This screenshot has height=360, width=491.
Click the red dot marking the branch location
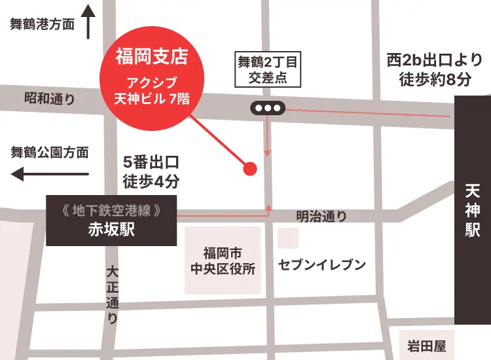pyautogui.click(x=249, y=169)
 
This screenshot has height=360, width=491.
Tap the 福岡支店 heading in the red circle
pyautogui.click(x=151, y=57)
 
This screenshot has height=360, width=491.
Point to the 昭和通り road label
pyautogui.click(x=49, y=99)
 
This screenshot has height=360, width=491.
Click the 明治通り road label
pyautogui.click(x=321, y=216)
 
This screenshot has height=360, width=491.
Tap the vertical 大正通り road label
pyautogui.click(x=113, y=295)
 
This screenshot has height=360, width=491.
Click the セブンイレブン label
pyautogui.click(x=321, y=264)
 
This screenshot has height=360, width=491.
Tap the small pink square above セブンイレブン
pyautogui.click(x=288, y=238)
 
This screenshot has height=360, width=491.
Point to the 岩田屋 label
pyautogui.click(x=426, y=346)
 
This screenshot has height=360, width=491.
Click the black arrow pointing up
pyautogui.click(x=89, y=21)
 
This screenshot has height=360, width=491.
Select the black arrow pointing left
pyautogui.click(x=50, y=174)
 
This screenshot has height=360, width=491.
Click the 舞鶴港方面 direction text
pyautogui.click(x=42, y=24)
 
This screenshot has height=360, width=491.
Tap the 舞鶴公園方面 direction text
pyautogui.click(x=49, y=153)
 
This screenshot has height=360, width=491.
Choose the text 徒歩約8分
pyautogui.click(x=435, y=80)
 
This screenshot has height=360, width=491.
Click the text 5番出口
pyautogui.click(x=151, y=161)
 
